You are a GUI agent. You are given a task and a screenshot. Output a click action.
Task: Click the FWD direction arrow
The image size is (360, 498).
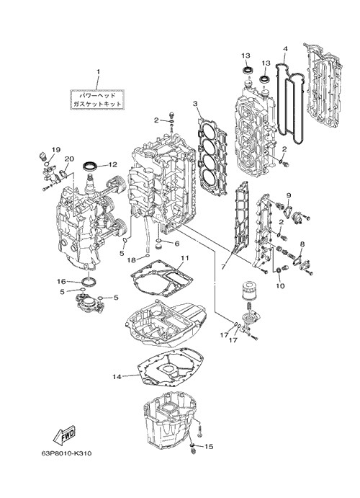point(64,434)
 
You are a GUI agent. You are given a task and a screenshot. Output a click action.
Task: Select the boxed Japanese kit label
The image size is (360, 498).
point(97,99)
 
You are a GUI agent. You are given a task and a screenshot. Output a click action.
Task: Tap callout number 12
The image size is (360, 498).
point(112,165)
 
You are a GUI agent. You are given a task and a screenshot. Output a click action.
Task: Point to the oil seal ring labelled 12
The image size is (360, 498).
point(91,166)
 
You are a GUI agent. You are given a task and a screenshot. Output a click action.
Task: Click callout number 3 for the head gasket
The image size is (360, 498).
point(195,104)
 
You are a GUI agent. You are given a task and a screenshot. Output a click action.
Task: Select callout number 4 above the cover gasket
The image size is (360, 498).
point(285,49)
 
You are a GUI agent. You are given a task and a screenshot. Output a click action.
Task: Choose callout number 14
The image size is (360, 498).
point(117,377)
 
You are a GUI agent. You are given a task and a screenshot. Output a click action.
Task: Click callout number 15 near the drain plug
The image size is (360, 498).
point(209,447)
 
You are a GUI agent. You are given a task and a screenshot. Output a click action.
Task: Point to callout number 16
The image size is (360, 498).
point(61,281)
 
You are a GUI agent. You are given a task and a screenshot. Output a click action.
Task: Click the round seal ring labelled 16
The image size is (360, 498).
point(89,281)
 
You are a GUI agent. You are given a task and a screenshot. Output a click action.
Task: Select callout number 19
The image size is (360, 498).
point(56,150)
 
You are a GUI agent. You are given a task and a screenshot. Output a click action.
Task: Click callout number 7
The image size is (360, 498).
point(223,267)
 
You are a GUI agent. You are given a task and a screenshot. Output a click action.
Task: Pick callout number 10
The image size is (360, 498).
point(280,286)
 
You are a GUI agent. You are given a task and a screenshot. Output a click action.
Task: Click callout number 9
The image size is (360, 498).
point(289,195)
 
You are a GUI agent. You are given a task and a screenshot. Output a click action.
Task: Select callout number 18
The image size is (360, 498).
point(131,260)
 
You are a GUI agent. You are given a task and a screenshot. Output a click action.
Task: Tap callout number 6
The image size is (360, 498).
point(176,244)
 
